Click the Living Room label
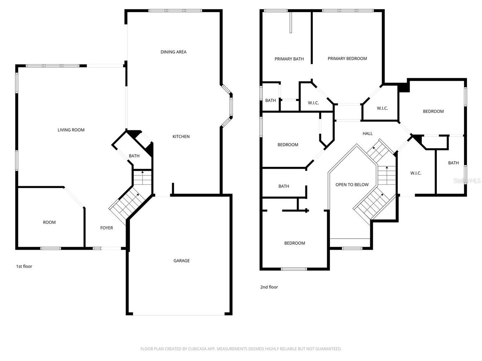coord(71,130)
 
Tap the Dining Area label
coord(173,52)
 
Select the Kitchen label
coord(181,137)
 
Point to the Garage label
coord(181,261)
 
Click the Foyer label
coord(106,228)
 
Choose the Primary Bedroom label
coord(347,59)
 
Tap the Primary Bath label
coord(289,59)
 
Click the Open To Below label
coord(352,185)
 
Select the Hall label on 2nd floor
coord(367,133)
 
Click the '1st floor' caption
coord(24,266)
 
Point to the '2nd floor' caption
coord(269,287)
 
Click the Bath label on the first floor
coord(134,156)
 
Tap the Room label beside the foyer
coord(49,222)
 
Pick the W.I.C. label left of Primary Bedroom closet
coord(313,103)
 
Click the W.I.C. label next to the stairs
coord(415,173)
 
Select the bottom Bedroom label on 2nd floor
coord(294,243)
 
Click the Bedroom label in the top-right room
coord(433,111)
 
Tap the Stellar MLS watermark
coord(467,180)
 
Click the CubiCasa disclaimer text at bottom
coord(241,349)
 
